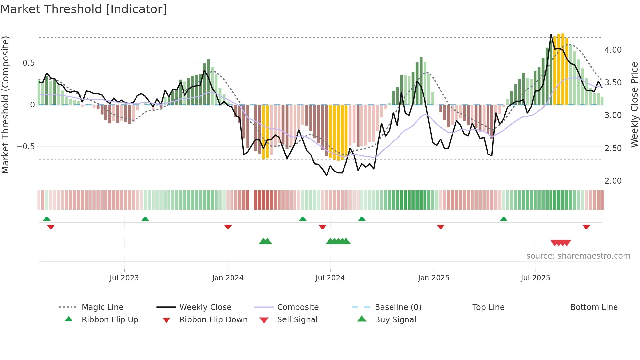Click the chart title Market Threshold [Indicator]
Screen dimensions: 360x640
(84, 9)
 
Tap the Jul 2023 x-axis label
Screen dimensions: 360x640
(124, 278)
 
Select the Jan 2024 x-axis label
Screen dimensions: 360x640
(228, 278)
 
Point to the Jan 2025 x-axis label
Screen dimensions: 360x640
(434, 278)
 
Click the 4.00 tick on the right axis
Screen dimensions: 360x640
(613, 50)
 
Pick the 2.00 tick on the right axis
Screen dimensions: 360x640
(613, 181)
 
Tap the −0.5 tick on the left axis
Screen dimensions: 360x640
(26, 147)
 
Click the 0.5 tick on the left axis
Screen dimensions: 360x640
(28, 63)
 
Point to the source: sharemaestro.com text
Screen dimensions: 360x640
(578, 256)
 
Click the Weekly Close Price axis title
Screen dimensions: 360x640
(634, 105)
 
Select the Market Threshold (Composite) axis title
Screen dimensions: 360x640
(5, 105)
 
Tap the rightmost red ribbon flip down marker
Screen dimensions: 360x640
(586, 227)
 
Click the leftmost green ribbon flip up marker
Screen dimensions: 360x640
(47, 219)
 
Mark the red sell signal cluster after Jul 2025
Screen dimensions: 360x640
(561, 243)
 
